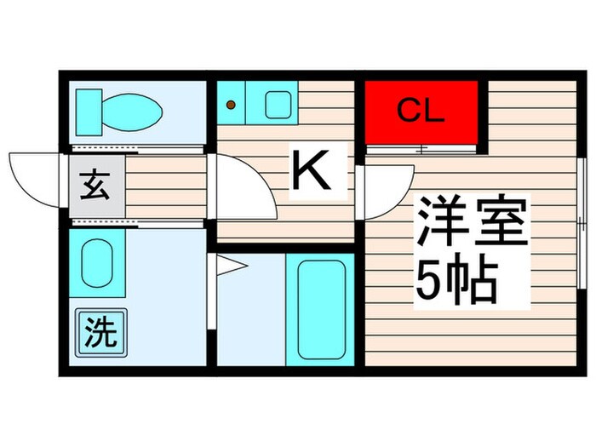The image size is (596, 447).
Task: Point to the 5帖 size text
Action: pos(455,278)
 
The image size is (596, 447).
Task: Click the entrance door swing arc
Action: pos(34,175)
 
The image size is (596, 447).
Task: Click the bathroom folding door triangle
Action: pos(230,267)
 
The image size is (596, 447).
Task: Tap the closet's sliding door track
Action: pos(421,149)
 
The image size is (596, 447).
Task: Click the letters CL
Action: pos(421,112)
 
